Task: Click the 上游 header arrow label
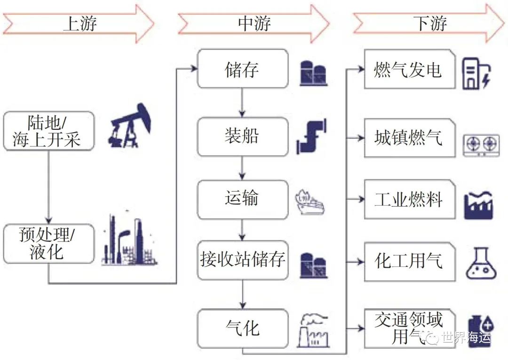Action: (x=80, y=24)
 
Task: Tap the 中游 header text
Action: (x=254, y=24)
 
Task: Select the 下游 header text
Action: (x=430, y=24)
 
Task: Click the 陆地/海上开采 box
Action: (x=48, y=131)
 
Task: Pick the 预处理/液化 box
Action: (x=48, y=244)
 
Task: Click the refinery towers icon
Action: (x=129, y=240)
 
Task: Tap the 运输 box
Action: (x=243, y=200)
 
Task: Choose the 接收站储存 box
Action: (x=243, y=260)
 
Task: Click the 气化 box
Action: (x=243, y=328)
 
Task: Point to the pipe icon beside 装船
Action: (x=311, y=136)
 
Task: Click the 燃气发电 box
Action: (x=410, y=69)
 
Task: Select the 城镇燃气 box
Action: (x=410, y=138)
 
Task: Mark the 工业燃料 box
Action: (x=410, y=199)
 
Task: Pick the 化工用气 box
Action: (x=410, y=262)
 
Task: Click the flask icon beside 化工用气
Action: (x=481, y=263)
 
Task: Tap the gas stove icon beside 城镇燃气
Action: (x=481, y=145)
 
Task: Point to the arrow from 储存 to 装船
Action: (x=242, y=103)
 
